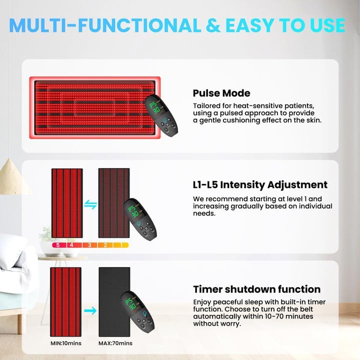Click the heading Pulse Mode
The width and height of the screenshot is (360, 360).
coord(221,93)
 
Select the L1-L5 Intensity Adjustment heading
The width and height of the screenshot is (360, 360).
coord(260,185)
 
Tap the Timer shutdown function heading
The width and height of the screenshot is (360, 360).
coord(256,289)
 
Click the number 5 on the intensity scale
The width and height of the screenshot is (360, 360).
coord(58,245)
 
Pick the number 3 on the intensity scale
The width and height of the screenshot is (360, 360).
coord(90,245)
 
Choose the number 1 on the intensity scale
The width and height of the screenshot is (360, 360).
coord(121,245)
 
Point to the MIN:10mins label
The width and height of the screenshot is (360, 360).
coord(66,343)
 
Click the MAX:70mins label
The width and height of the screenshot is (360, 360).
coord(115,343)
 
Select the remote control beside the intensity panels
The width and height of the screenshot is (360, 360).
coord(140,219)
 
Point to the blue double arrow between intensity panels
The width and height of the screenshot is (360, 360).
coord(90,204)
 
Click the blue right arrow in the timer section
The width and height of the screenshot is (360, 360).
coord(90,311)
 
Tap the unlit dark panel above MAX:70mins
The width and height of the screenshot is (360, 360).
coord(114,302)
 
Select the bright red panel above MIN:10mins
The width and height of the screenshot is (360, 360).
coord(65,302)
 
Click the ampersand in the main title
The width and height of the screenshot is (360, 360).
coord(213,25)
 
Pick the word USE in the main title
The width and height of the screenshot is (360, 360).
coord(327,25)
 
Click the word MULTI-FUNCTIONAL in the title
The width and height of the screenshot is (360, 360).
coord(105,25)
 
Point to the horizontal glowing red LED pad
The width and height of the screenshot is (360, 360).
coord(95,107)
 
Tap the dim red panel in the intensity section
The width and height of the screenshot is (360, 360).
coord(114,203)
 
